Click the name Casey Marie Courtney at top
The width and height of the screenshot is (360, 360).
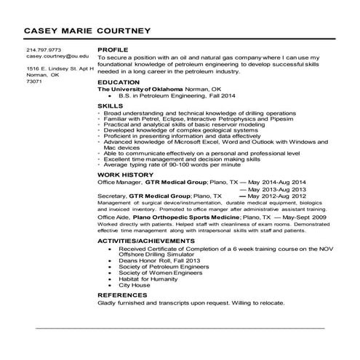[88, 31]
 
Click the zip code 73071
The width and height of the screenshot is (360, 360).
[33, 81]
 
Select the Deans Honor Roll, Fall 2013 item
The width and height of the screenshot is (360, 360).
[155, 260]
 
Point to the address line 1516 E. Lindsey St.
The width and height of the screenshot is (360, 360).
[55, 68]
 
